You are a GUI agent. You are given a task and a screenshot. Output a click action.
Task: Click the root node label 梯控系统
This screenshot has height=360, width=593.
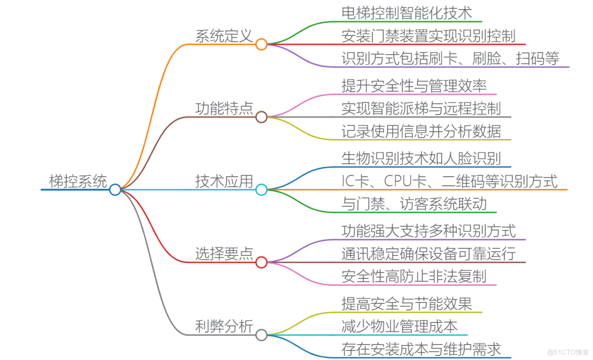pos(78,181)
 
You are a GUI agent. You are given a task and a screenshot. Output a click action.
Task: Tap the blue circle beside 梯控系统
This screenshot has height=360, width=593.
pos(115,190)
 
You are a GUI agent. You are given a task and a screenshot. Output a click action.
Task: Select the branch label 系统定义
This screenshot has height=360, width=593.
pos(223,36)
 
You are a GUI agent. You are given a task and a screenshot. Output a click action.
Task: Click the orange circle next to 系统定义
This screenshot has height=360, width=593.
pos(261,45)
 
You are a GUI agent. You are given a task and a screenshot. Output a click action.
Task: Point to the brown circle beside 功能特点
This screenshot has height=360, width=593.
pos(261,117)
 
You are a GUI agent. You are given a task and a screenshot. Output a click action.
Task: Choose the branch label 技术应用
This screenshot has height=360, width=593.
pos(223,181)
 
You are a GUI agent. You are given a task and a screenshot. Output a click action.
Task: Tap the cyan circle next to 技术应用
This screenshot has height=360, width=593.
pos(261,190)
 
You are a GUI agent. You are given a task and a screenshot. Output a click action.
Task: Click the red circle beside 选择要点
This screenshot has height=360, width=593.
pos(261,262)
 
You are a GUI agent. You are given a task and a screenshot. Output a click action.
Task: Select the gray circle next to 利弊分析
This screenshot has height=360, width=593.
pos(261,335)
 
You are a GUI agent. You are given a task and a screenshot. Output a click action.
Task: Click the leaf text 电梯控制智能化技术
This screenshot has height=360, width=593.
pos(407,13)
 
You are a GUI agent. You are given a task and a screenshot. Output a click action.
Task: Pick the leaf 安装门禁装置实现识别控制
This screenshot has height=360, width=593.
pos(428,36)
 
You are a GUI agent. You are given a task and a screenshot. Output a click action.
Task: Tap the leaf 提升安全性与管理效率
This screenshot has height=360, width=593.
pos(414,86)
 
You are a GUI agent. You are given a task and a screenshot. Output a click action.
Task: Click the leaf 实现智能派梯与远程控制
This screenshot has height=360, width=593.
pos(421,108)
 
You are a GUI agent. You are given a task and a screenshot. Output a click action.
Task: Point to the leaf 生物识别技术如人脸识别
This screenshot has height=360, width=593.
pos(421,159)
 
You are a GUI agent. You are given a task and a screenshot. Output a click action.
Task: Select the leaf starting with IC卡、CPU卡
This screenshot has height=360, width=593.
pos(449,181)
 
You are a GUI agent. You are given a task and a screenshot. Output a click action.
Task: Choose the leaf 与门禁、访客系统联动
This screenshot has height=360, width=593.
pos(414,204)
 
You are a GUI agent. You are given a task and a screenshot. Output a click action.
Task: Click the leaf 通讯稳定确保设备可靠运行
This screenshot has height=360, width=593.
pos(428,253)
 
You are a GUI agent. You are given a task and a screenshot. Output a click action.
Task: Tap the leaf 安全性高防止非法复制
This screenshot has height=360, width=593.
pos(414,276)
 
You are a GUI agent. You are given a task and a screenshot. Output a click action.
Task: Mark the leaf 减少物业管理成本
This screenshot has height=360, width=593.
pos(399,326)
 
